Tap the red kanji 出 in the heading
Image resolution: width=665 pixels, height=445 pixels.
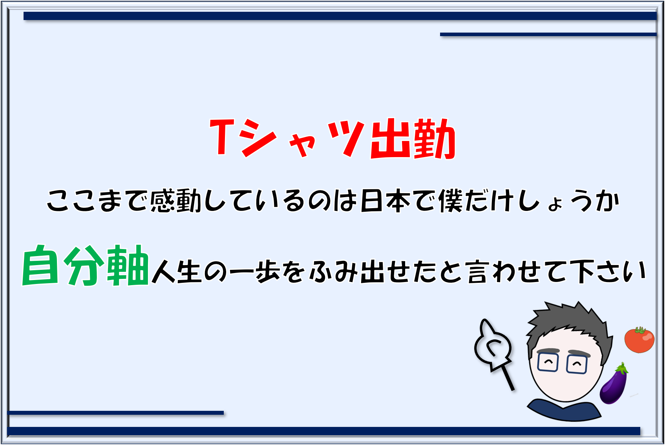point(390,138)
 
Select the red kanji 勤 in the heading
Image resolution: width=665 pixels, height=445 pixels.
point(435,138)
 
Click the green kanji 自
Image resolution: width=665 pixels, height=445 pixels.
point(40,265)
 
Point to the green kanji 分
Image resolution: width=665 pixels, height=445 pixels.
point(84,265)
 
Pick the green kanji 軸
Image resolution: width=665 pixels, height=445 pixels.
point(128,265)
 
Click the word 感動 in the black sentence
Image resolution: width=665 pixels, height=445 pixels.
point(176,201)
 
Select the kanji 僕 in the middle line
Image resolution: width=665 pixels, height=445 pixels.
point(451,201)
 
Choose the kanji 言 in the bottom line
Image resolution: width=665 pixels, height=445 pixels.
point(479,271)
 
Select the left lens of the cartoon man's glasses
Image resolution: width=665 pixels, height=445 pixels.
point(548,362)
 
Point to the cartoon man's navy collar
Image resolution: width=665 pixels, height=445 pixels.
point(564,411)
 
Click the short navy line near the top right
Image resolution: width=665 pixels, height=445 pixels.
point(548,35)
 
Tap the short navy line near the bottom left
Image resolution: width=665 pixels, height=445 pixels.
point(115,413)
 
